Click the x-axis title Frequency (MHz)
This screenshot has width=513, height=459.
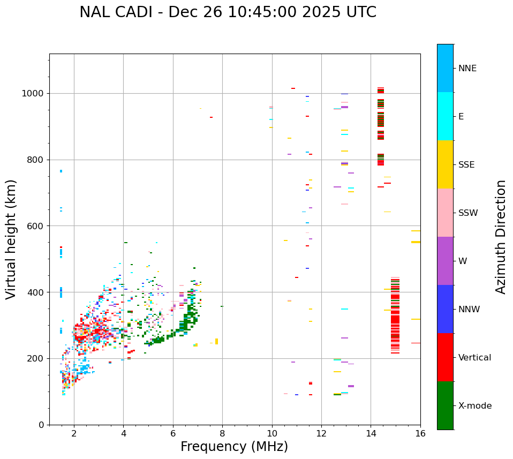tap(234, 447)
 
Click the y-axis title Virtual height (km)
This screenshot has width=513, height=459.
tap(11, 239)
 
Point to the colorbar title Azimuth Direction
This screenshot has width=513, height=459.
tap(501, 237)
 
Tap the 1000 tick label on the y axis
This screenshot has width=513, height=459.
tap(33, 93)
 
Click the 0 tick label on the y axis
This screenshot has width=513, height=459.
tap(41, 425)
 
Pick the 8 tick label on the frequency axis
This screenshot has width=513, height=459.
tap(222, 433)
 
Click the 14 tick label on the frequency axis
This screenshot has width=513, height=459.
tap(371, 433)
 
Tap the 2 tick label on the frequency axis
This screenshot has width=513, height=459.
tap(74, 433)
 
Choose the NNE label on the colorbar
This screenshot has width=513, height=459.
tap(467, 69)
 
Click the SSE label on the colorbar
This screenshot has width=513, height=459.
tap(466, 165)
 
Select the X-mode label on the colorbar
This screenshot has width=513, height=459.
tap(474, 406)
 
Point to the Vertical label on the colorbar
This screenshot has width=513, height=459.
tap(474, 358)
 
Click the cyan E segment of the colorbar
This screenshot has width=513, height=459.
tap(445, 116)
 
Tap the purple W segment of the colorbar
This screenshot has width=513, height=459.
tap(445, 261)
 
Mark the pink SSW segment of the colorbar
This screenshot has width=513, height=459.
tap(445, 213)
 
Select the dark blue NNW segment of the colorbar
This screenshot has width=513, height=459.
tap(445, 309)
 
